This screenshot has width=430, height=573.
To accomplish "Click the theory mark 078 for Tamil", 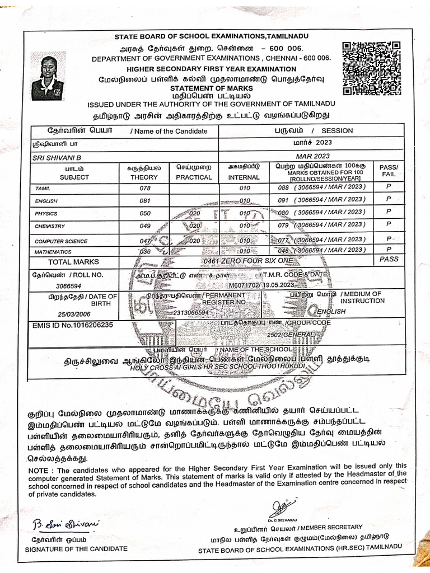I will point(144,189).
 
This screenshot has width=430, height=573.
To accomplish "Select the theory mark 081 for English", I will point(144,200).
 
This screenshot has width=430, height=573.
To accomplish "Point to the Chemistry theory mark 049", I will point(144,226).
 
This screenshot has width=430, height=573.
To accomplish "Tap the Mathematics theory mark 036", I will point(144,252).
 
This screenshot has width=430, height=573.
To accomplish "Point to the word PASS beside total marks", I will point(389,260).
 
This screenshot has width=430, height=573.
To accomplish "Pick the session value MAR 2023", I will point(313,156).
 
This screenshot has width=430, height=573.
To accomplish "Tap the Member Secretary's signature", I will point(278,508).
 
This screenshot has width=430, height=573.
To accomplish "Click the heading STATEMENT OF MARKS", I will point(212,88).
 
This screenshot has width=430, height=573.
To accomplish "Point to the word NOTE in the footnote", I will point(38,471).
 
